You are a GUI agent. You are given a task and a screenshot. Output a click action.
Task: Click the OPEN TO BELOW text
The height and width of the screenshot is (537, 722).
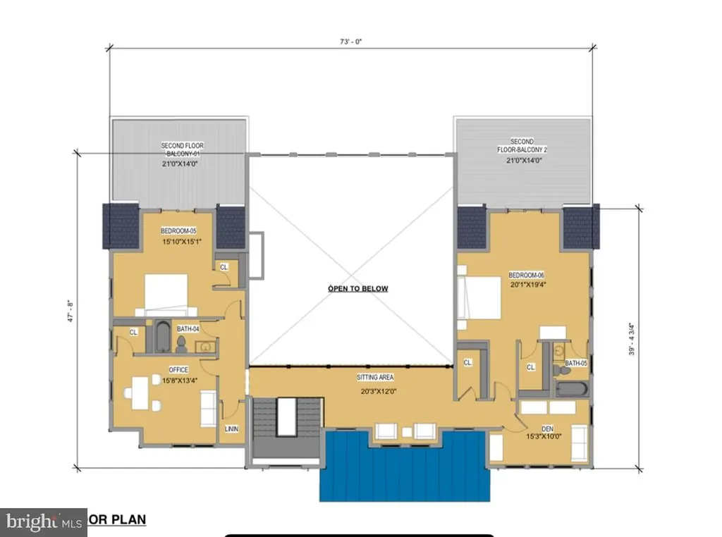[x=357, y=288]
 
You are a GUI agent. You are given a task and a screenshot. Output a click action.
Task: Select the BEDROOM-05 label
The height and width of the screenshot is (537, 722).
[x=178, y=231]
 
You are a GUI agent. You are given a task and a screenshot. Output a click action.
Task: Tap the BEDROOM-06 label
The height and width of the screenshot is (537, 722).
[x=526, y=276]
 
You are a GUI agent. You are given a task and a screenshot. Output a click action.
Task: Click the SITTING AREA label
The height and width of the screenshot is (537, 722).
[x=374, y=378]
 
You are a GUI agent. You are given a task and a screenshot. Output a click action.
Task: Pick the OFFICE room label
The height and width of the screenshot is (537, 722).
[x=178, y=369]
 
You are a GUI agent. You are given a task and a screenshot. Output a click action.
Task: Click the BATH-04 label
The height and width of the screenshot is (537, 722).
[x=187, y=329]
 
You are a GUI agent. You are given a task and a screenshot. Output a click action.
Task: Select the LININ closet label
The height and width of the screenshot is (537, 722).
[x=231, y=428]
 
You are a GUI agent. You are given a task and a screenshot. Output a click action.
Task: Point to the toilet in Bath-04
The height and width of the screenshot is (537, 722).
[x=180, y=344]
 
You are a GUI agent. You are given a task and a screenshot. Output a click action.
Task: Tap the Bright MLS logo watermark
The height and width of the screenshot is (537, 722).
[x=43, y=522]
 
